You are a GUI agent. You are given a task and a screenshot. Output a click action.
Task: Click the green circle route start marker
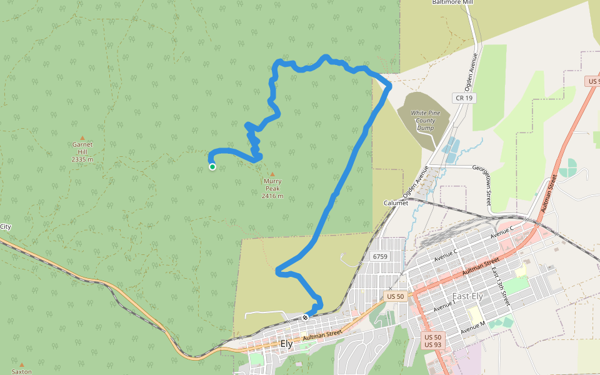point(212,167)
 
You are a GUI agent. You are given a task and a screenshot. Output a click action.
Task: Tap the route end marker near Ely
point(305,317)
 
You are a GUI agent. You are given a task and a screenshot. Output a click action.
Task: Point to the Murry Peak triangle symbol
point(272,174)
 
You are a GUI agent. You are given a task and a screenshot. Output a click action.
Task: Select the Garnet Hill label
point(82,151)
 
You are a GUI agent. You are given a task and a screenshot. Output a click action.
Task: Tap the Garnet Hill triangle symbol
point(82,137)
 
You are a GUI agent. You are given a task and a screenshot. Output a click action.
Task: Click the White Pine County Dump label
point(426,120)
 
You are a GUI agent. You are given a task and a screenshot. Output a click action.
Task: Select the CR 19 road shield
point(463,98)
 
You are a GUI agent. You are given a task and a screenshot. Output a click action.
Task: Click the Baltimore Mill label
point(453,2)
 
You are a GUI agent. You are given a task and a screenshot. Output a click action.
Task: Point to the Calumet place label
point(396,203)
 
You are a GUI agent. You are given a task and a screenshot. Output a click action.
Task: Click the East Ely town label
point(466,296)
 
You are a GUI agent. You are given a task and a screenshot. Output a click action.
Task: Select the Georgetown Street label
point(488,186)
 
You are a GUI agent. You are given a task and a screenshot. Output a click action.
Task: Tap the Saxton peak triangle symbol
point(22,364)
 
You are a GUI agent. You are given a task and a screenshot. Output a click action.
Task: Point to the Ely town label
point(287,344)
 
